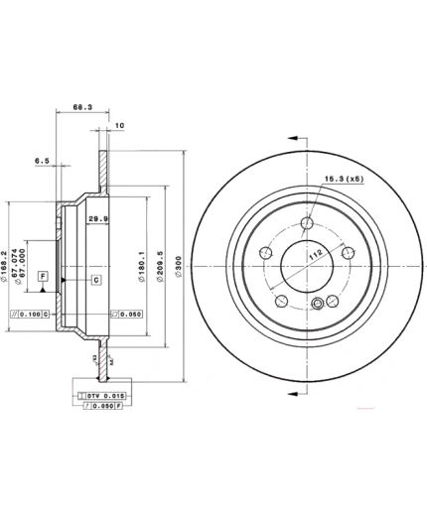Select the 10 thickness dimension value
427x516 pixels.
point(119,126)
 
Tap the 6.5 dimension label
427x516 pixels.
point(42,158)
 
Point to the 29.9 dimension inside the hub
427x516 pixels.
point(98,218)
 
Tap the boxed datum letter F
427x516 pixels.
point(43,275)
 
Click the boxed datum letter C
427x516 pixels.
point(96,281)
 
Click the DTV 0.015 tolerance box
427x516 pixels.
point(99,395)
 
